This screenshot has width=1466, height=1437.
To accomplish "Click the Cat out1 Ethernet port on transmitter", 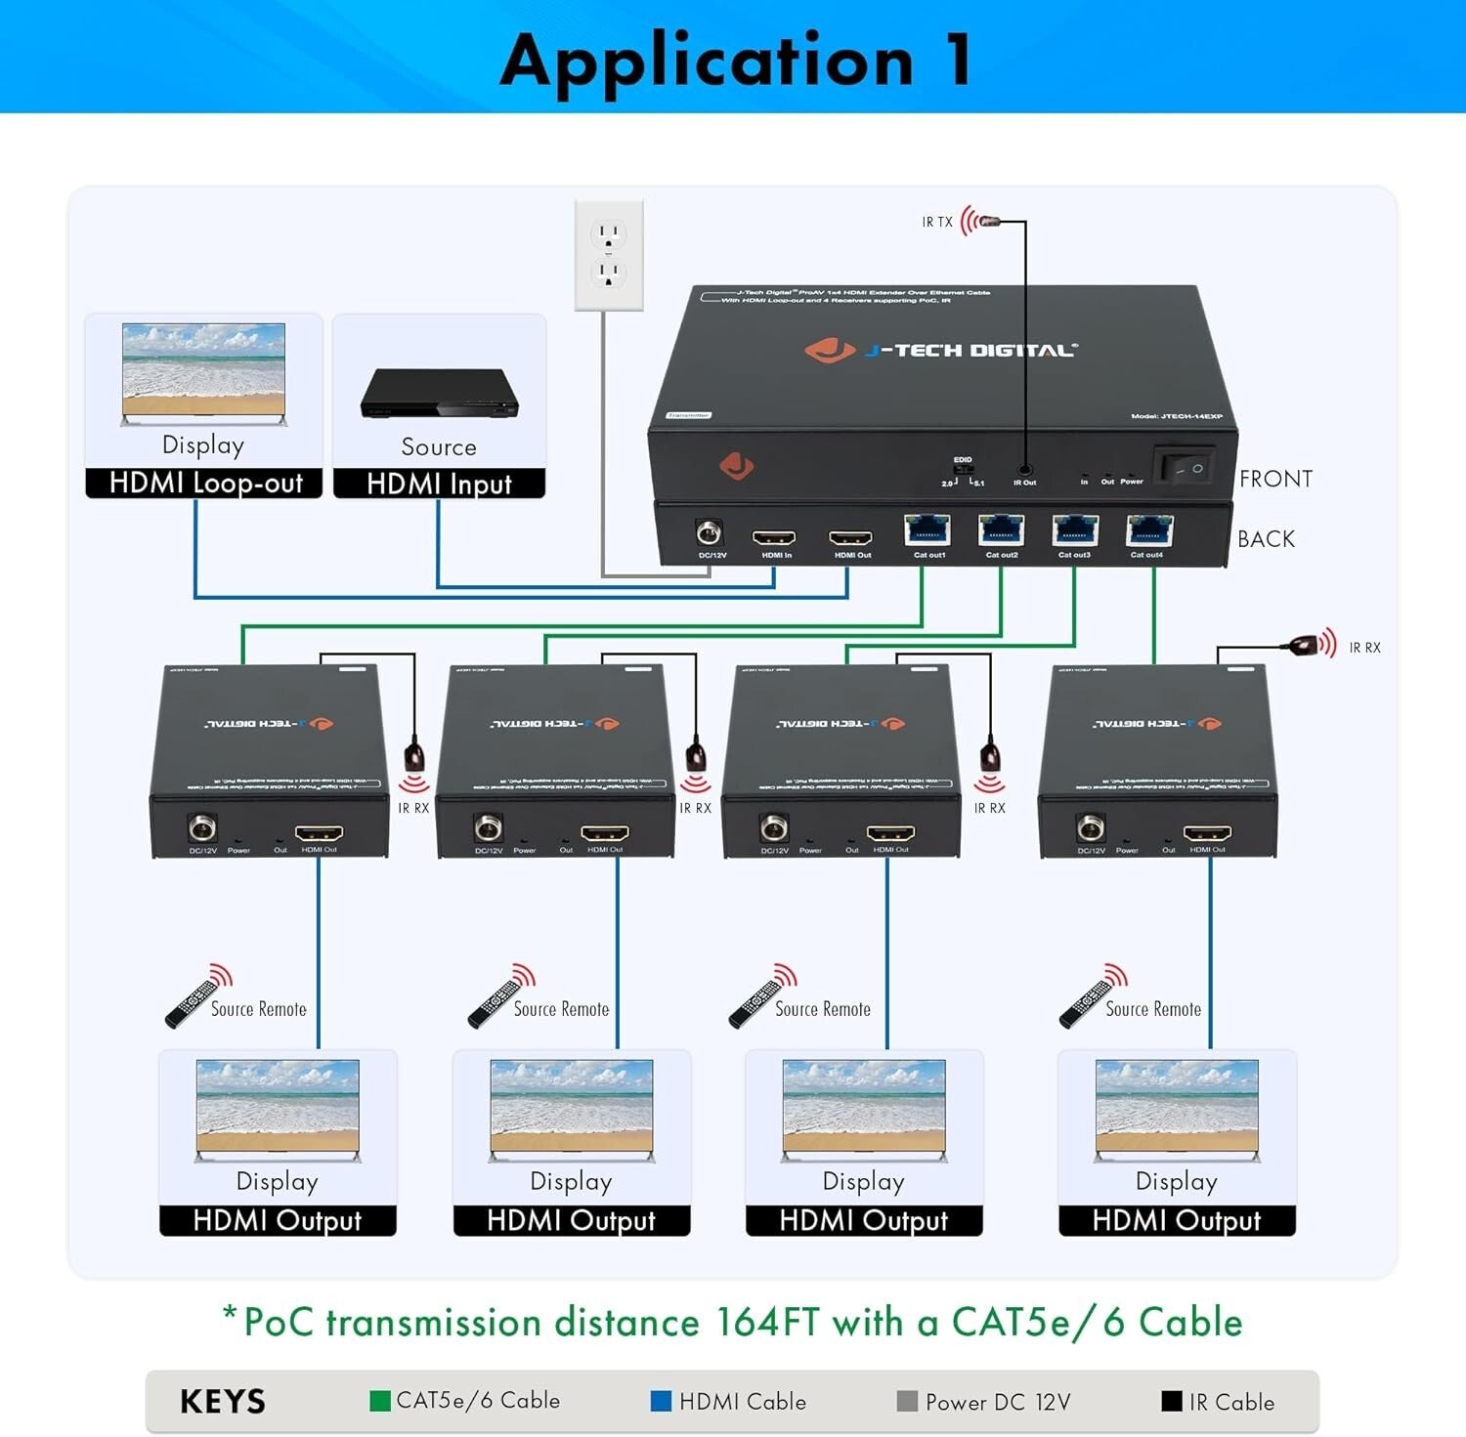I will point(927,530).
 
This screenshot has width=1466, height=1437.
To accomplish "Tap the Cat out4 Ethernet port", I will point(1148,530).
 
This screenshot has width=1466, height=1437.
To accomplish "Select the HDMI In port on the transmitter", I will point(773,538).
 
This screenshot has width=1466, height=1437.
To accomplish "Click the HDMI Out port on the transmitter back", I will point(850,538).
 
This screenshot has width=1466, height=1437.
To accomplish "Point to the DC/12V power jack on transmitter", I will point(709,533).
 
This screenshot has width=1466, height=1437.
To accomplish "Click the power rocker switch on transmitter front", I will point(1184,467).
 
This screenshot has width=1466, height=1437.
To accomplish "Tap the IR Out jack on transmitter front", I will point(1024,470).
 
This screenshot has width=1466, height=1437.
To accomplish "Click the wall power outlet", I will point(608,255).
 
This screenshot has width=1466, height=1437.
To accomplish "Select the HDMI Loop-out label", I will point(204,484).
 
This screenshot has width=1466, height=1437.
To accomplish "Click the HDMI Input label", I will point(439,484).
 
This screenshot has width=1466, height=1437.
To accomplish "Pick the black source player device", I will point(439,395).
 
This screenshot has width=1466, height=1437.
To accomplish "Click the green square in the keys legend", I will point(380,1401).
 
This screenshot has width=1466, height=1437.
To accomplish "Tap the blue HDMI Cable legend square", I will point(661,1401).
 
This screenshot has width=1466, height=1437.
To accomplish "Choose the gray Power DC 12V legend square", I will point(907,1401).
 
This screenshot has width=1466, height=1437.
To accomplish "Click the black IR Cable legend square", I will point(1171,1401).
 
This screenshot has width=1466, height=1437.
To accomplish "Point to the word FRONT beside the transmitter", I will point(1275,479).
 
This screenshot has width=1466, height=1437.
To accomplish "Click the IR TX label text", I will point(936,223).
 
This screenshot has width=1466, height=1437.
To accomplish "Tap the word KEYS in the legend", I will point(223,1402).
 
